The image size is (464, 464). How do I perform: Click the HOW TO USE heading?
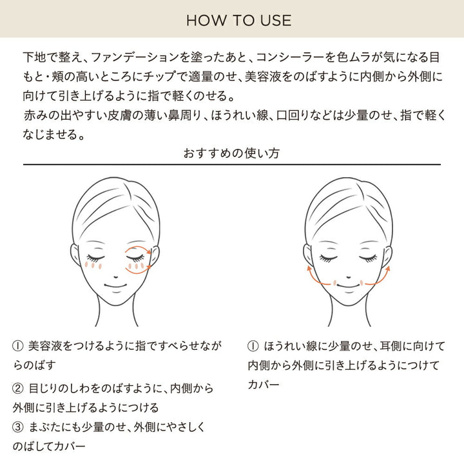click(238, 21)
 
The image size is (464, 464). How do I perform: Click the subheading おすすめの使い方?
click(231, 153)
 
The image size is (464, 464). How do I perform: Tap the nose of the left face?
click(116, 277)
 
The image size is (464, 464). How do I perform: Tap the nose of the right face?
click(348, 277)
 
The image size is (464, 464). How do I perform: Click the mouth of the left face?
click(115, 286)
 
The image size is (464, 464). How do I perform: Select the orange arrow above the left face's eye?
click(138, 248)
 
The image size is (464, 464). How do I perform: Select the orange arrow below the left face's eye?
click(138, 270)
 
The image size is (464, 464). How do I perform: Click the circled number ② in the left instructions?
click(18, 388)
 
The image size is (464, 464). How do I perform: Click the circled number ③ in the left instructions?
click(18, 427)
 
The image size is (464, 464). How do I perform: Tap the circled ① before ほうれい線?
click(253, 346)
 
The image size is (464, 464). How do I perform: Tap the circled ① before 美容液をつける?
click(18, 346)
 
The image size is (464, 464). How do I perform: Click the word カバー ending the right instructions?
click(264, 385)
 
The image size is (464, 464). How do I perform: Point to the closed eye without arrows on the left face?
click(95, 258)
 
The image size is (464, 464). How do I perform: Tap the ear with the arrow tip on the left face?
click(154, 256)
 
